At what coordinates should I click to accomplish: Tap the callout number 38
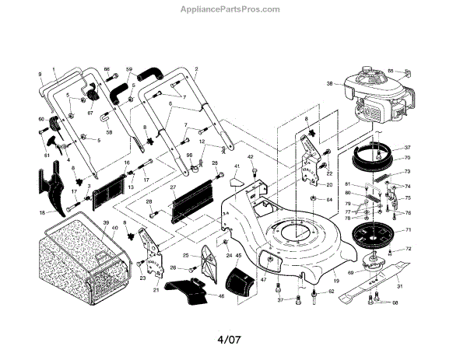330,84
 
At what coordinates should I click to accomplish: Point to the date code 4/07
232,339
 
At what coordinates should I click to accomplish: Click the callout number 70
407,158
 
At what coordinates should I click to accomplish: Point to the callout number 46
220,296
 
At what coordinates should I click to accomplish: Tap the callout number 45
239,256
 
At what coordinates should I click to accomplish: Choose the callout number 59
129,69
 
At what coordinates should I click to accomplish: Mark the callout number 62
330,292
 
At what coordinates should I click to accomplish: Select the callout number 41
237,167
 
